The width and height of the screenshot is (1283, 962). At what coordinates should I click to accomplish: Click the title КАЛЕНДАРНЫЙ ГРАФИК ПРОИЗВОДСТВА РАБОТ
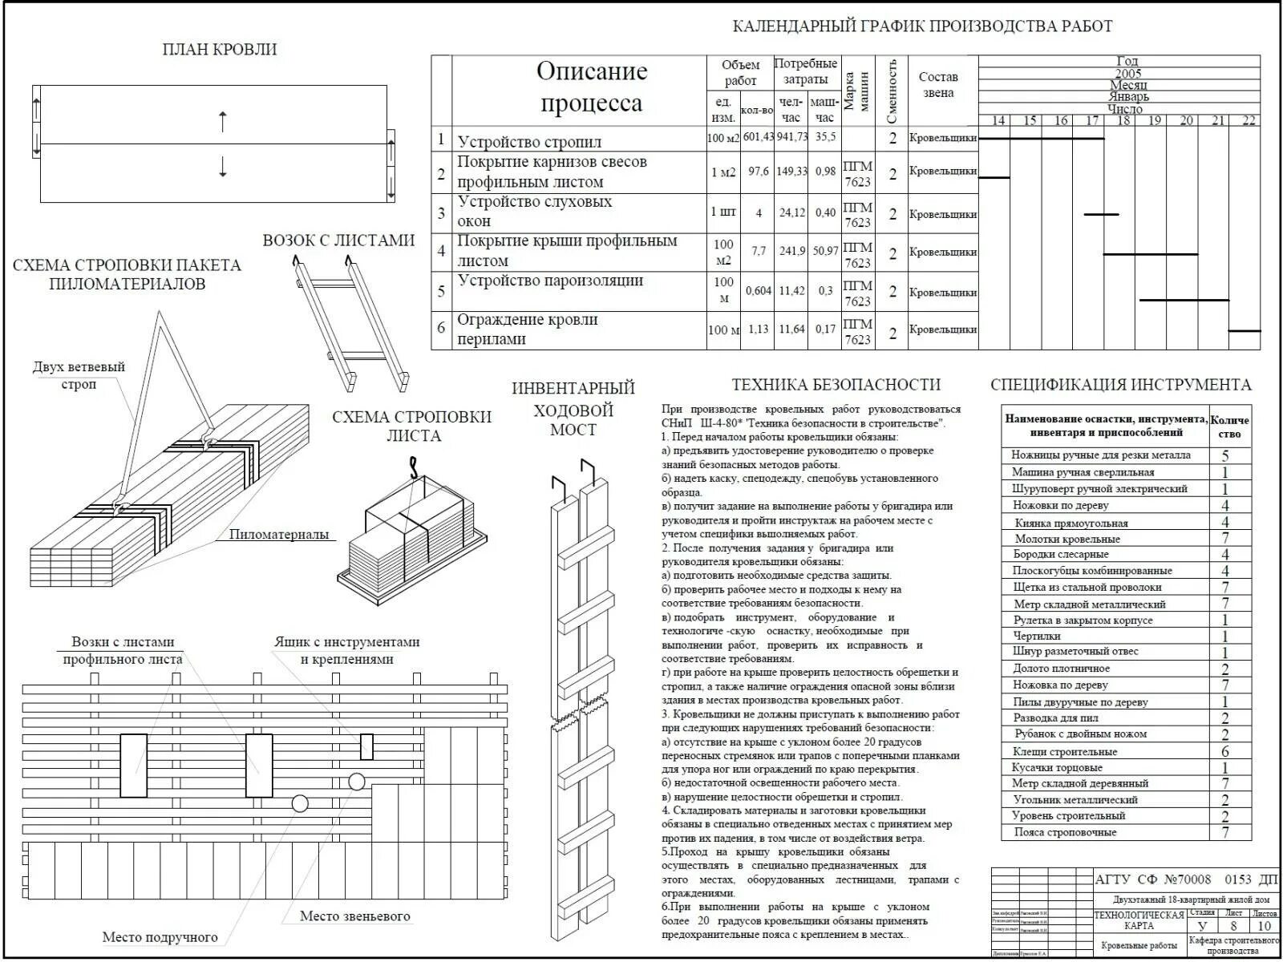[922, 26]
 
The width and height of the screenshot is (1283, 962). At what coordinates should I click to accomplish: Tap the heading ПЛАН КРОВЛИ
[220, 50]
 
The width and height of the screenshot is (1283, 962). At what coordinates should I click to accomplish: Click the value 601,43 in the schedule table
[757, 138]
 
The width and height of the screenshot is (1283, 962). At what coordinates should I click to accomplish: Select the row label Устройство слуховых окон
[535, 212]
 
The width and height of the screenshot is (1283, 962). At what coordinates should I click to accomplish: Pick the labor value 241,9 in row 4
[791, 252]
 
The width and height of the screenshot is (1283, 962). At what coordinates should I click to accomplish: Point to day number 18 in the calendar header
[1123, 121]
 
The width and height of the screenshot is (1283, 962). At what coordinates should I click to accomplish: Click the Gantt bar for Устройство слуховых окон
[1101, 214]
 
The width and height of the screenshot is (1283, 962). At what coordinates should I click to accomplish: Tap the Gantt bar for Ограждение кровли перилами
[1245, 330]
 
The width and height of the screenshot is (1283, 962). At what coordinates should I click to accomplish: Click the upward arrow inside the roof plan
[223, 122]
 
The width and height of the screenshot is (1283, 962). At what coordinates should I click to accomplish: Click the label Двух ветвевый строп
[79, 375]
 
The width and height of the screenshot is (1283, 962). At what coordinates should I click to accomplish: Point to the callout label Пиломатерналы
[279, 535]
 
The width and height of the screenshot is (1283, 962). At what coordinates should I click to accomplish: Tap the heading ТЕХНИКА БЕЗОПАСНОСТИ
[836, 385]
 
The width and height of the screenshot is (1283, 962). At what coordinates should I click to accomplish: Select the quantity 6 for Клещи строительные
[1225, 752]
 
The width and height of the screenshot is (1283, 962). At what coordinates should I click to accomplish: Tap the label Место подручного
[160, 937]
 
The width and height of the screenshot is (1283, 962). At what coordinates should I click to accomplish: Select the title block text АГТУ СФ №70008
[1153, 880]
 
